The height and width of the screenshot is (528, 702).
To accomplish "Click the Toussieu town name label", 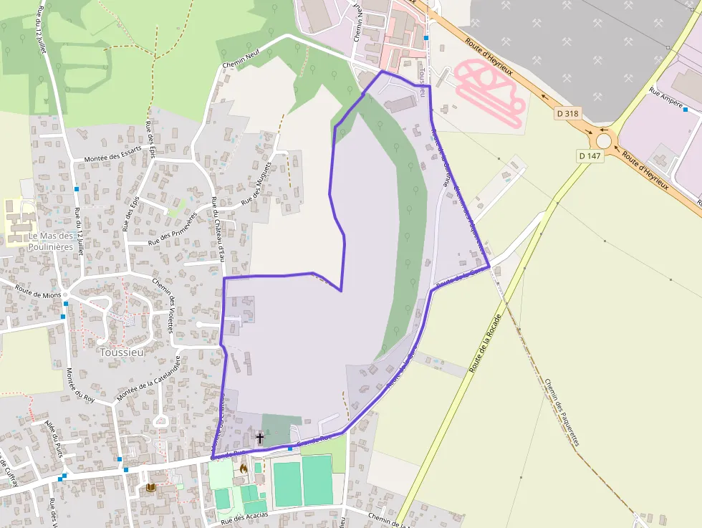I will click(122, 352).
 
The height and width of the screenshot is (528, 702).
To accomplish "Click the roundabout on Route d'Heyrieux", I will click(604, 141).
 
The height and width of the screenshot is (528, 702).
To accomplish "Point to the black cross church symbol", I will click(259, 437).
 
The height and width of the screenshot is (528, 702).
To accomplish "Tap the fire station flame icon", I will click(244, 469).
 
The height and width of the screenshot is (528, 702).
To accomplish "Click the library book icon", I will click(151, 488).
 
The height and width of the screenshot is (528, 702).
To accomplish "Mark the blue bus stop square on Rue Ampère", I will click(686, 110).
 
